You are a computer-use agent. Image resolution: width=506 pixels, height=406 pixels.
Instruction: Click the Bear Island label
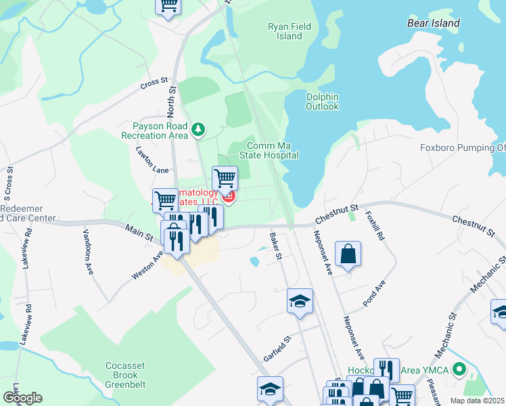434,23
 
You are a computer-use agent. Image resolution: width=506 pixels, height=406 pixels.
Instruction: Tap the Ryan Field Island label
289,31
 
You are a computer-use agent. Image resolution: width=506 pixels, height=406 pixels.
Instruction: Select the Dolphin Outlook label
322,101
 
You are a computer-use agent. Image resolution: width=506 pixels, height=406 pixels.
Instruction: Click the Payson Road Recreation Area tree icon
198,129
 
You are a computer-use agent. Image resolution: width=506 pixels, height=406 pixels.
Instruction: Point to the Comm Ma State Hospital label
273,150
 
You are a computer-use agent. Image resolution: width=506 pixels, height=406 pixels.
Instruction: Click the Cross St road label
154,84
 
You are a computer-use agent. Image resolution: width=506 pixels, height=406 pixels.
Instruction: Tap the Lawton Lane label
152,160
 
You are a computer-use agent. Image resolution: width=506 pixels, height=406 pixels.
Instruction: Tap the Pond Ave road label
373,293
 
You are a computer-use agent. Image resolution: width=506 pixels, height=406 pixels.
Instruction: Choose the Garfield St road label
277,348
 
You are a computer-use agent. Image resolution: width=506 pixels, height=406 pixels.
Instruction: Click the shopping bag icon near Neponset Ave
348,254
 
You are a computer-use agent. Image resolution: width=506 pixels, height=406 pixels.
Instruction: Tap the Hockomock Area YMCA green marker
460,370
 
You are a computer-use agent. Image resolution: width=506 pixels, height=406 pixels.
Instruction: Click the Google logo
22,398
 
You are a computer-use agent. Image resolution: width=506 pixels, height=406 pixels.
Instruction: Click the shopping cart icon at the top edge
168,5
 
